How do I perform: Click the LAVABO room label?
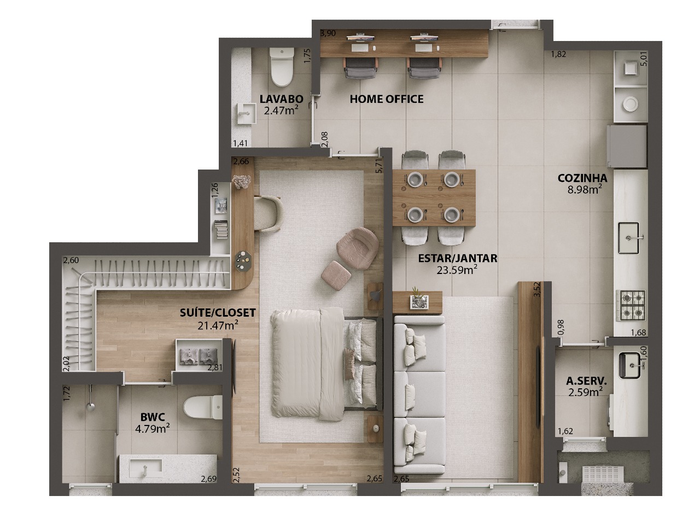click(281, 99)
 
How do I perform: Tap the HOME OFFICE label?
click(386, 99)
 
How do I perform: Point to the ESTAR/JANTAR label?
click(457, 258)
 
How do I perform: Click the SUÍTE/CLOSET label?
click(218, 312)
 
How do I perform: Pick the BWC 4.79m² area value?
click(153, 428)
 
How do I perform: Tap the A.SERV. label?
click(586, 381)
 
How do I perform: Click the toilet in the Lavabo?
click(282, 67)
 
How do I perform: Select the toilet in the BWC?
click(202, 407)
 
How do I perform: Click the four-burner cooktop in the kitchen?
click(631, 305)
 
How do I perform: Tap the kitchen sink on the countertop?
click(629, 238)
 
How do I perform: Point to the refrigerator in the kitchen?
click(627, 146)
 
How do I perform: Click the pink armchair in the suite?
click(358, 248)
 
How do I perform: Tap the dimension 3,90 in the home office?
click(328, 33)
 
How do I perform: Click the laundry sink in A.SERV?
click(630, 365)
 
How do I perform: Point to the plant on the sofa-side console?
click(416, 291)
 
